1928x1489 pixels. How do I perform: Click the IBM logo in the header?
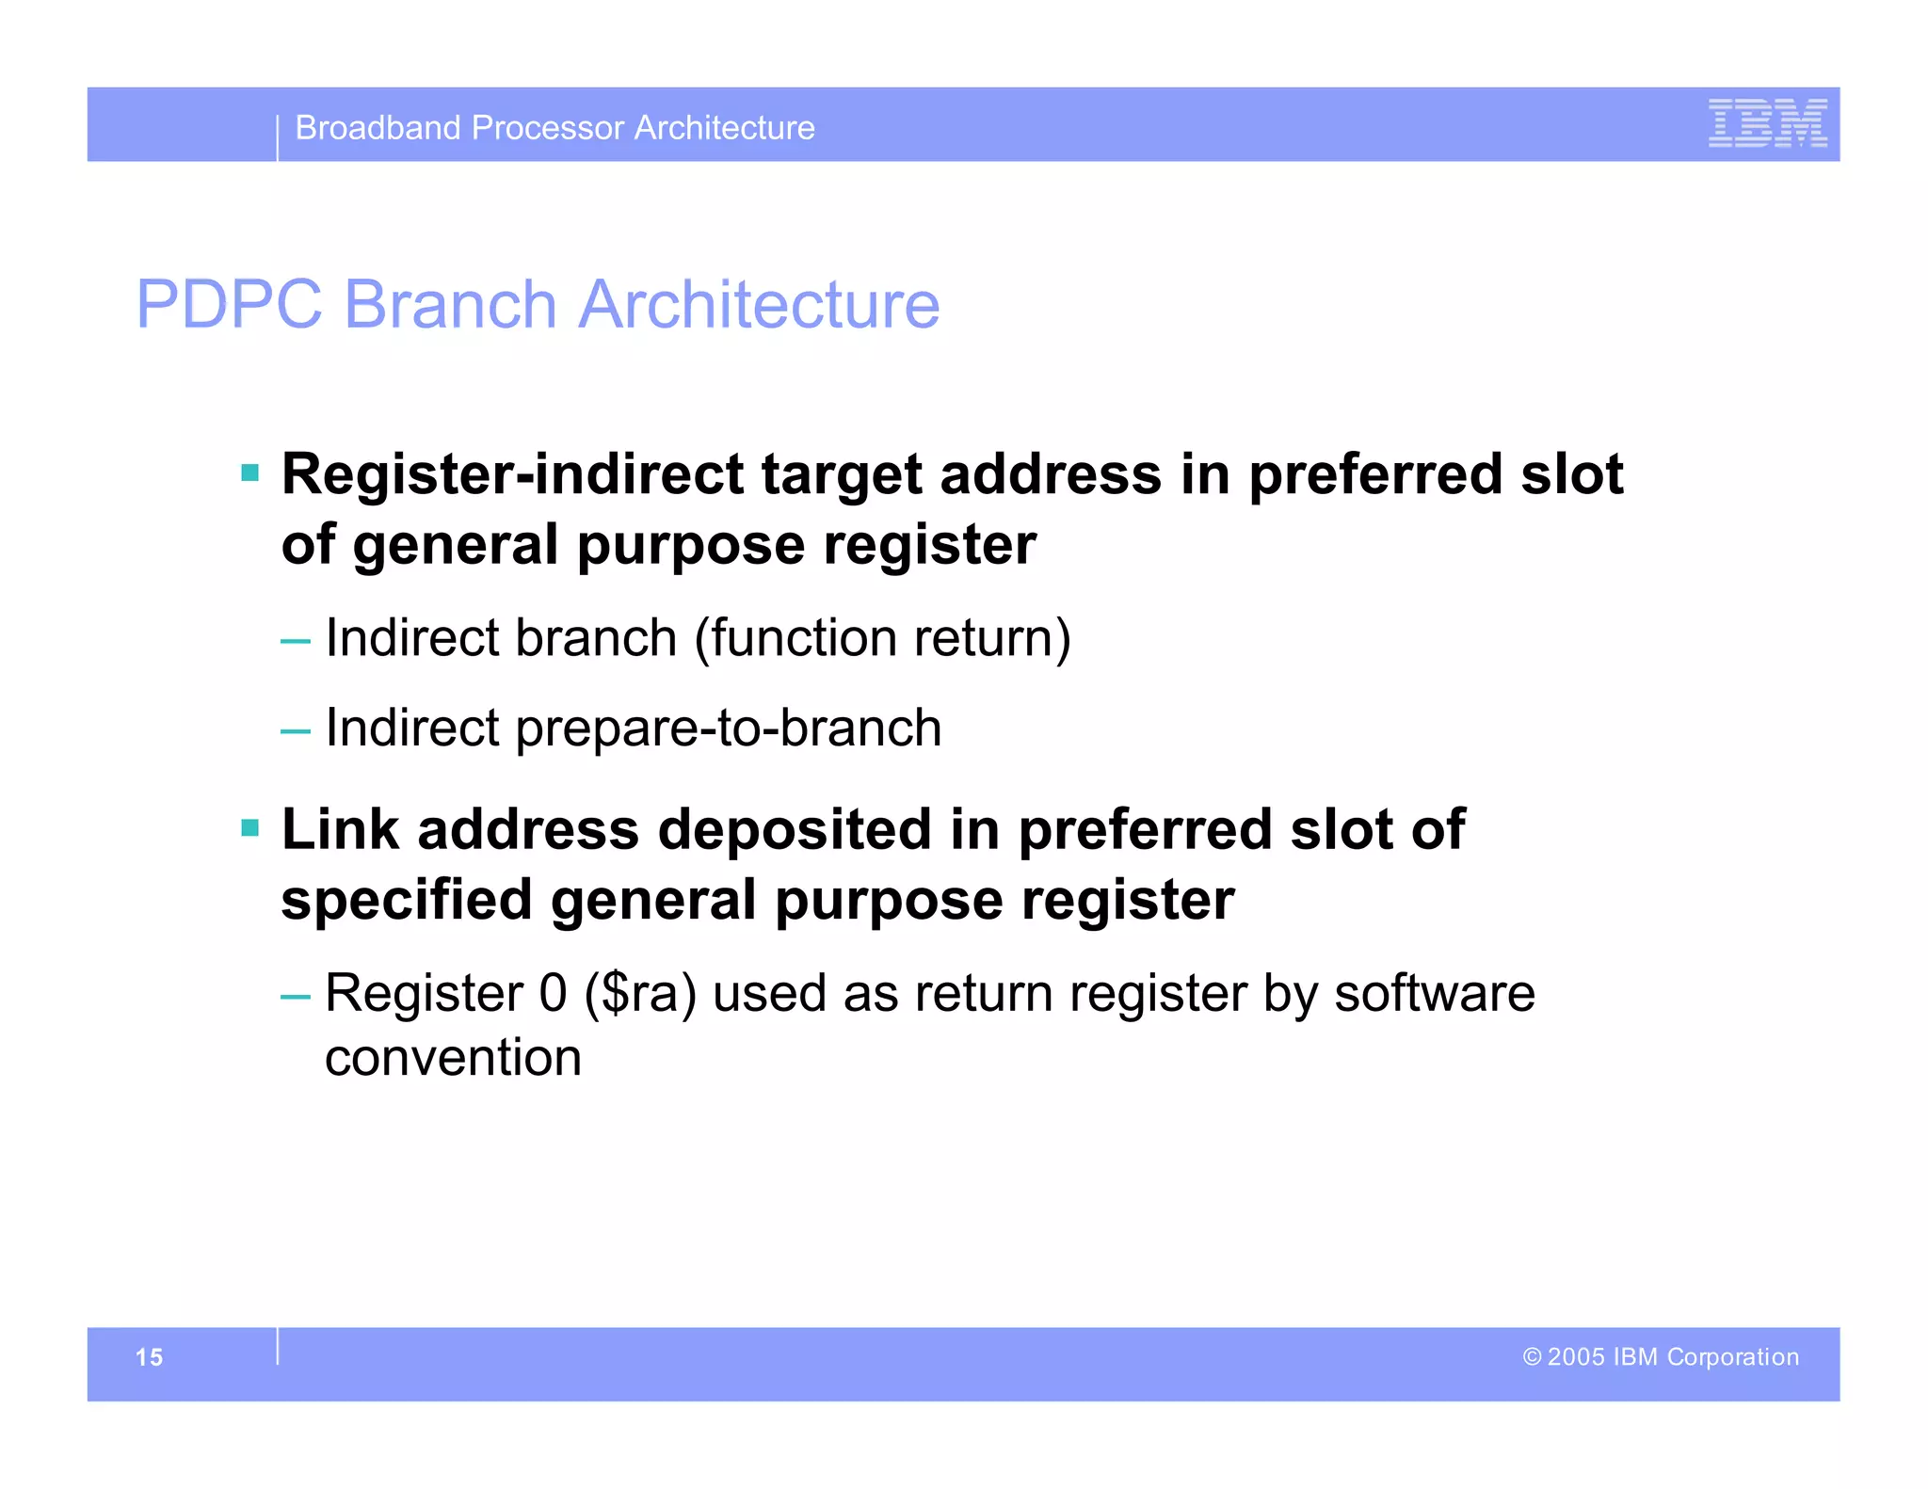[x=1767, y=123]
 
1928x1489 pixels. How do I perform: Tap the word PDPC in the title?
[x=229, y=305]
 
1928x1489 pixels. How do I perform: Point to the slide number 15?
[x=149, y=1357]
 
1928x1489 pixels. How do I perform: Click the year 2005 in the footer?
[x=1576, y=1357]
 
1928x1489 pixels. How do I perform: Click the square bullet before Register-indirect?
[x=249, y=472]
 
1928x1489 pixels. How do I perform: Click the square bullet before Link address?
[x=249, y=828]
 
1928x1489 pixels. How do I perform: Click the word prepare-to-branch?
[x=728, y=728]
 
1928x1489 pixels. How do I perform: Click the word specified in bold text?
[x=407, y=901]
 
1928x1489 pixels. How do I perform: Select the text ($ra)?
[x=640, y=994]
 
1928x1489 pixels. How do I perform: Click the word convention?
[x=453, y=1058]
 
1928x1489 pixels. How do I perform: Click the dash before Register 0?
[x=295, y=996]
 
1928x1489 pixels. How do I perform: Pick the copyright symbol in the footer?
[x=1532, y=1357]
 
